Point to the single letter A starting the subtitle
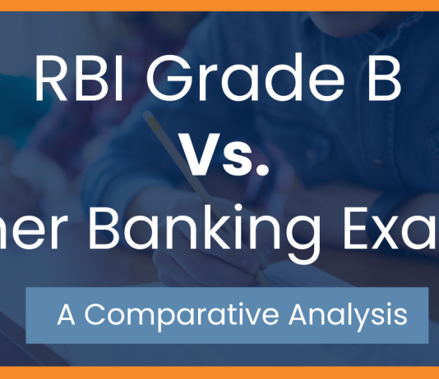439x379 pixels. [x=67, y=315]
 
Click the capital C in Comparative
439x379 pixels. [x=96, y=315]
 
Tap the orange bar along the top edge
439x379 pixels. [x=219, y=4]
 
